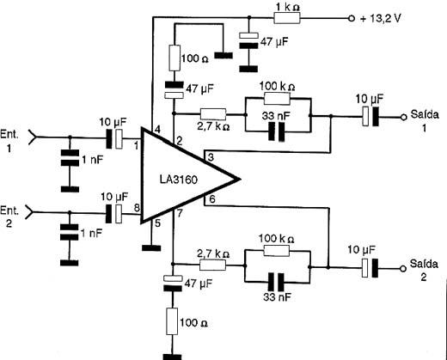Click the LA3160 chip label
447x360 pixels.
click(x=179, y=180)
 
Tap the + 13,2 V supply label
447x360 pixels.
click(x=381, y=18)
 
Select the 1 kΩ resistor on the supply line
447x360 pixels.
click(x=287, y=18)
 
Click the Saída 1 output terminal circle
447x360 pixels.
click(x=403, y=117)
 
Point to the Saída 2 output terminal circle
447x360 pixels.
click(x=403, y=269)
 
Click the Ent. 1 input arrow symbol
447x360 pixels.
click(x=32, y=137)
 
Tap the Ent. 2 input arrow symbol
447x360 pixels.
click(x=29, y=212)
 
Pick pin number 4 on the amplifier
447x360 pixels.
click(x=157, y=130)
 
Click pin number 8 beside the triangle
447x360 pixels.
click(x=137, y=208)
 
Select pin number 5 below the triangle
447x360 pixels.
click(x=158, y=223)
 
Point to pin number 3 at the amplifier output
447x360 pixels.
click(x=211, y=157)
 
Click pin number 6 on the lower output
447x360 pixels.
click(x=211, y=198)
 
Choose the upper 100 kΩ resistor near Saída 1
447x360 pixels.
click(x=277, y=99)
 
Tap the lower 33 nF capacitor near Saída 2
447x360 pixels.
click(x=276, y=282)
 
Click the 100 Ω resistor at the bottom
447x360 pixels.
click(x=172, y=321)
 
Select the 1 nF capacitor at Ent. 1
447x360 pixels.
click(x=70, y=158)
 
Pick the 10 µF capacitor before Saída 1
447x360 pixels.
click(x=370, y=116)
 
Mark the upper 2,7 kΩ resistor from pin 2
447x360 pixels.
click(x=213, y=114)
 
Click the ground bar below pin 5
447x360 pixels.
click(x=151, y=248)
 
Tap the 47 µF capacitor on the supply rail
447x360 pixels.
click(x=248, y=40)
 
